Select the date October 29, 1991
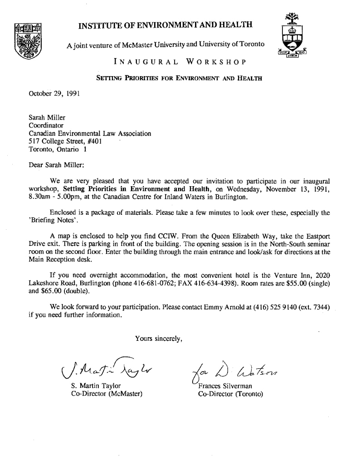coord(49,95)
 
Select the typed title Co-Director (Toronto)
coord(231,393)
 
